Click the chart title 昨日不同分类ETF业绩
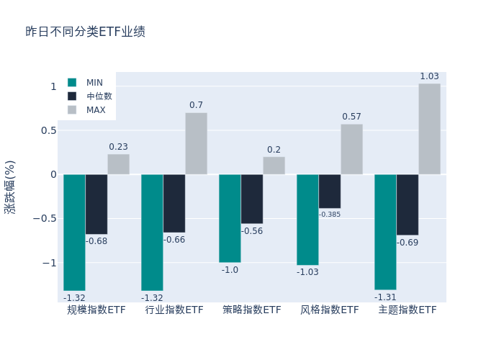tap(85, 32)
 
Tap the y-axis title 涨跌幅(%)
tap(9, 186)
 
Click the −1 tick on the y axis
tap(50, 263)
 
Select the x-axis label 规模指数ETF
tap(96, 310)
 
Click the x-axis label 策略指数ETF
tap(252, 310)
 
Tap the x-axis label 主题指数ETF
tap(408, 310)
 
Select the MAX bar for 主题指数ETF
tap(429, 129)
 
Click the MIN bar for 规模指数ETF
tap(74, 232)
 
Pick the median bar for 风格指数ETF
tap(330, 191)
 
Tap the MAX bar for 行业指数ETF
tap(196, 143)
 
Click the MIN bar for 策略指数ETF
tap(230, 218)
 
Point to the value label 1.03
tap(429, 76)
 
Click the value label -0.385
tap(330, 215)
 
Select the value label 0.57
tap(351, 117)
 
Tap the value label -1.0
tap(230, 270)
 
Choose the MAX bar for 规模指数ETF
tap(118, 164)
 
